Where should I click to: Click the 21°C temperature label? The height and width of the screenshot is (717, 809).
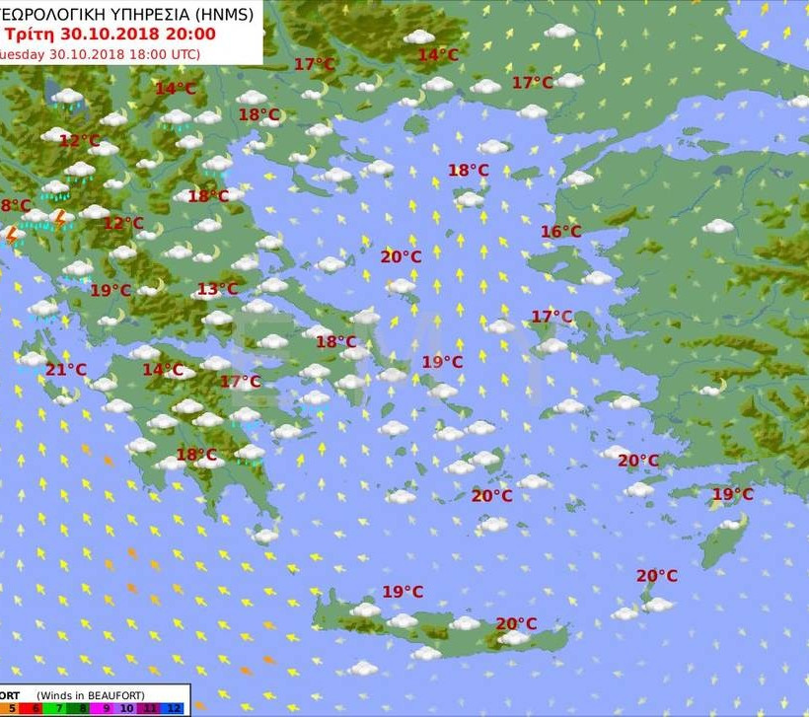(66, 370)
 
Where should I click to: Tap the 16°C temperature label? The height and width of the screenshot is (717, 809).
(560, 232)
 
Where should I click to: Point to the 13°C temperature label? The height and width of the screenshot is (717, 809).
(217, 289)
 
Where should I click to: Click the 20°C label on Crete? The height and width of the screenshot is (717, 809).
(516, 623)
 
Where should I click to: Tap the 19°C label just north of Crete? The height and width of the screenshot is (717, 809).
(403, 592)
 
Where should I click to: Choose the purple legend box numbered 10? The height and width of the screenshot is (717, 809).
(126, 708)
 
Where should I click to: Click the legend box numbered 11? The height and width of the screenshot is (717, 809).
(150, 708)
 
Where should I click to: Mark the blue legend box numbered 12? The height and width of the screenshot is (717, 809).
(174, 708)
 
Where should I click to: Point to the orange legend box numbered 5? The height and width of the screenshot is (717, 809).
(12, 708)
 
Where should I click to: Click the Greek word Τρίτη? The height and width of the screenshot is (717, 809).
(28, 34)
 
